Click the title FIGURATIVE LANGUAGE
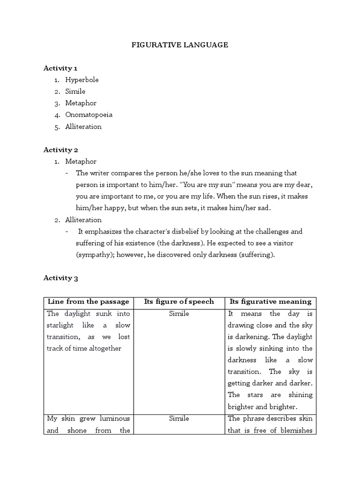click(x=179, y=45)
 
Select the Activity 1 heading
click(x=60, y=68)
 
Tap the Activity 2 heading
click(x=60, y=150)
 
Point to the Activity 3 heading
click(x=60, y=278)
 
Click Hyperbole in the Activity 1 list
click(x=82, y=80)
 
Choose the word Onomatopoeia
click(x=89, y=115)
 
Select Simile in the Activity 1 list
click(x=75, y=91)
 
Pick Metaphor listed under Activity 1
click(x=81, y=103)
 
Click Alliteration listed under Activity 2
click(x=83, y=220)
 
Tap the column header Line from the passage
click(x=88, y=301)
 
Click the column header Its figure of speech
click(x=179, y=301)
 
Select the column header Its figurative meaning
click(x=270, y=301)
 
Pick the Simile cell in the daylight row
click(x=179, y=314)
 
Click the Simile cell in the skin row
click(x=179, y=418)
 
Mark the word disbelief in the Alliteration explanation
click(x=209, y=232)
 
